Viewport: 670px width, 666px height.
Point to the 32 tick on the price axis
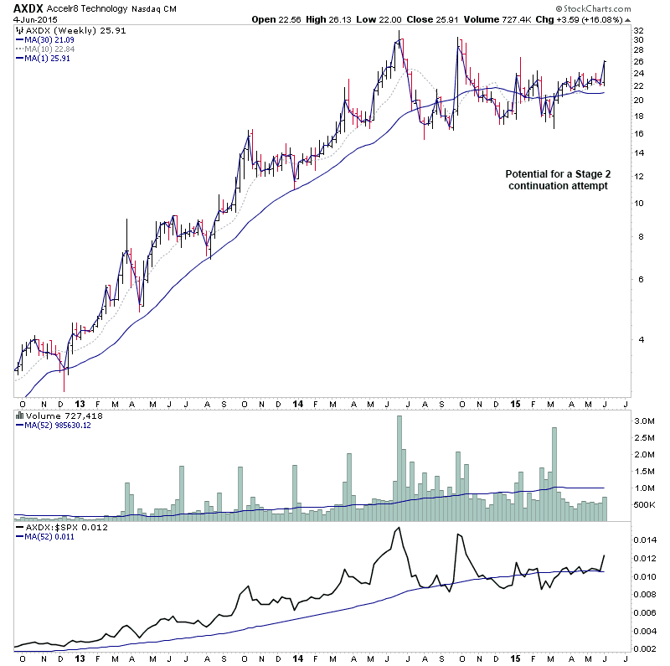click(638, 30)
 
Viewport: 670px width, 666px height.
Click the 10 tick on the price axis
click(638, 203)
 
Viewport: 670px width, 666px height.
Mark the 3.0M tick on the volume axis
click(644, 421)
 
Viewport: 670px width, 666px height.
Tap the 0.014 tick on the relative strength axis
click(646, 541)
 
